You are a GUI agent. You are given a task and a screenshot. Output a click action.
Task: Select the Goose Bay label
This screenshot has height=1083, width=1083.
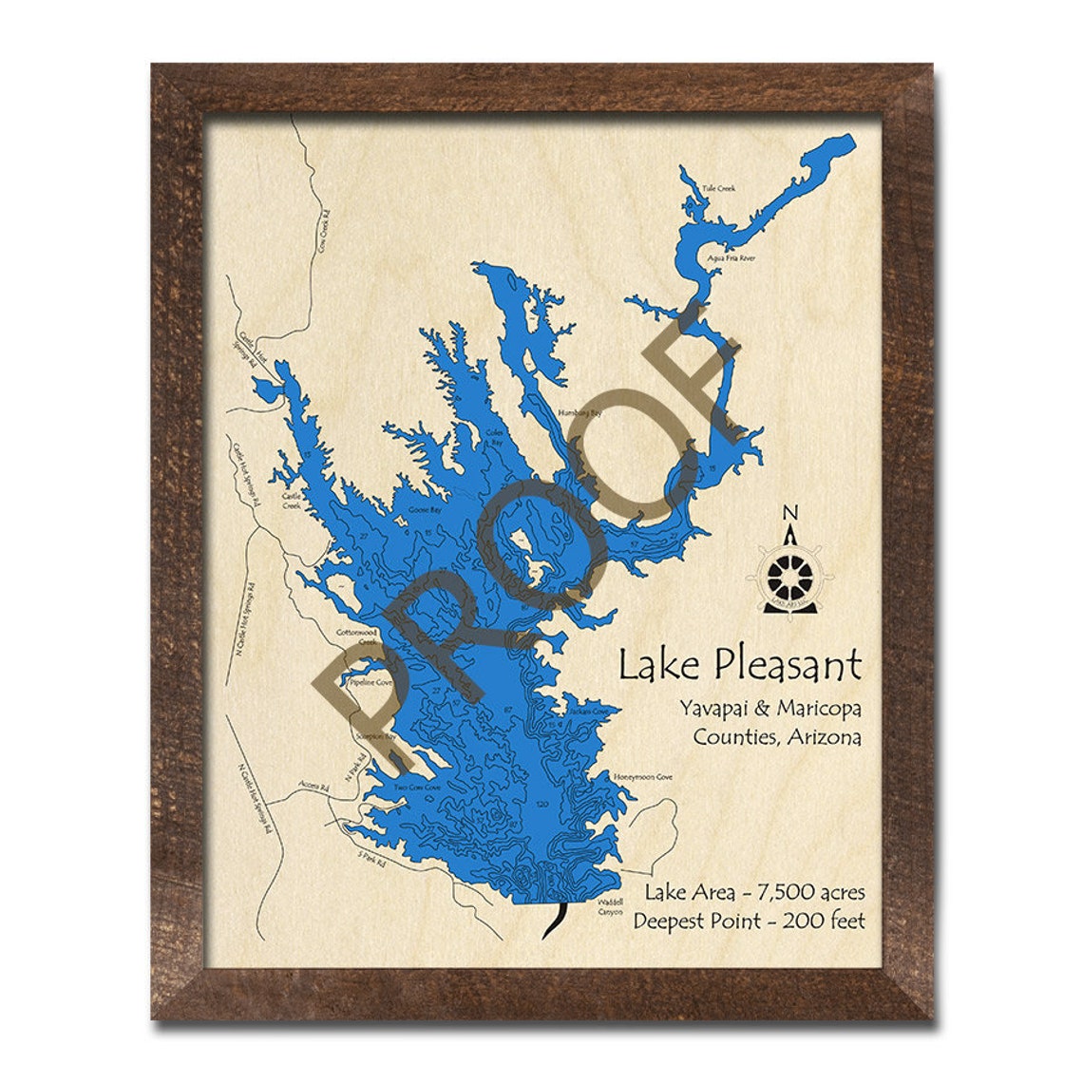point(424,510)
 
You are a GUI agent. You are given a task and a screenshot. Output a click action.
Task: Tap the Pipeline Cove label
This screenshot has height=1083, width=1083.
point(370,682)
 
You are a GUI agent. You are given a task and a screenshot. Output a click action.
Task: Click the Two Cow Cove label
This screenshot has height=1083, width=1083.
point(418,787)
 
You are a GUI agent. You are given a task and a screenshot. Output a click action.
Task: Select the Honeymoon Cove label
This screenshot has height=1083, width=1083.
point(642,777)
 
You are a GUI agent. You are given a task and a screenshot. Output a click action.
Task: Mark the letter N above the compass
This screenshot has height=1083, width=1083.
point(788,514)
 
